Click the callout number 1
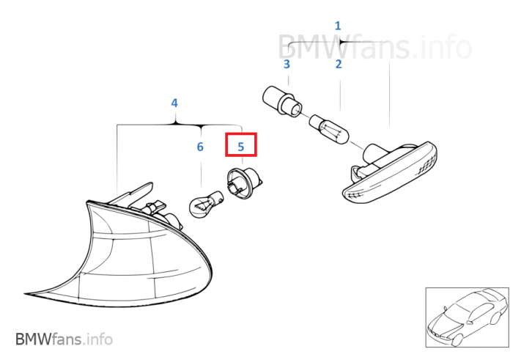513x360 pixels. [x=338, y=26]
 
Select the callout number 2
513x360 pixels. [x=339, y=64]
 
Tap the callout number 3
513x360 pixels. [x=287, y=64]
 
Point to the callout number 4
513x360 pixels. [x=174, y=103]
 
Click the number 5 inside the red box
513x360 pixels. [x=241, y=147]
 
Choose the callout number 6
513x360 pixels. [x=200, y=147]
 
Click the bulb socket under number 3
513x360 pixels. [x=281, y=100]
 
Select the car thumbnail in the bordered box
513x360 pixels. [x=468, y=317]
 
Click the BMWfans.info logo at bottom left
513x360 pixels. [x=64, y=339]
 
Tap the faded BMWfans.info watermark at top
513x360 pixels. [x=375, y=47]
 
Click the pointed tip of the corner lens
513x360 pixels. [x=24, y=293]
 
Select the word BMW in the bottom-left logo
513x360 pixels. [x=34, y=339]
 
